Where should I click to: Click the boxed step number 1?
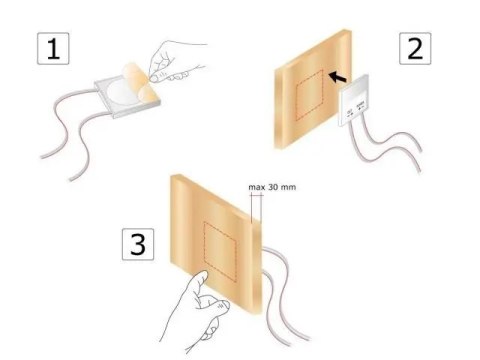53,48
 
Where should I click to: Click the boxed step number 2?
415,48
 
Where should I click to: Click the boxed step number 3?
138,244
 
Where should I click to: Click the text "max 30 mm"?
272,187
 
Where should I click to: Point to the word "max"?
257,187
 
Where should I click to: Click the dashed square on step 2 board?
309,95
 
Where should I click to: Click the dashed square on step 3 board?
220,252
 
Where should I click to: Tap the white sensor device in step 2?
354,101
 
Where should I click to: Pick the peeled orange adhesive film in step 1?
141,82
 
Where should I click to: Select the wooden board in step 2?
313,89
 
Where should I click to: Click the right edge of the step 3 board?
256,267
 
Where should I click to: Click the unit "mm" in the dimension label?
288,188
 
